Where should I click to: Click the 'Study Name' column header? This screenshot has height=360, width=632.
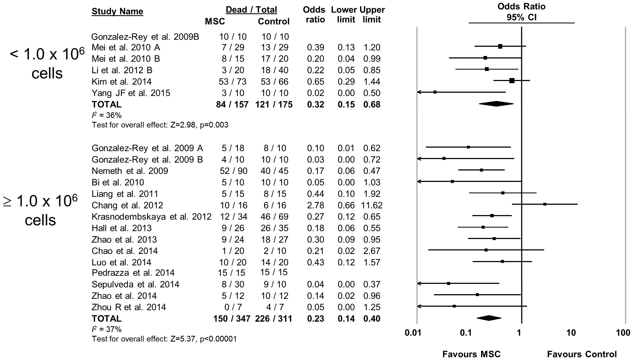click(x=117, y=11)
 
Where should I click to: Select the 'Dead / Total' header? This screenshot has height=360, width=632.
click(x=251, y=10)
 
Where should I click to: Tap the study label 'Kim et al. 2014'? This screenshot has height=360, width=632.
click(x=122, y=82)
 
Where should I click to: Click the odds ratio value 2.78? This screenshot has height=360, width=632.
click(x=315, y=205)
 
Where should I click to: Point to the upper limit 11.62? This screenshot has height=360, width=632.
click(x=372, y=205)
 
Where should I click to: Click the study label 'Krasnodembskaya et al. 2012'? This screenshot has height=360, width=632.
click(x=151, y=217)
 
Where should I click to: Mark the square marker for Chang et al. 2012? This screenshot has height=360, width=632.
click(x=545, y=204)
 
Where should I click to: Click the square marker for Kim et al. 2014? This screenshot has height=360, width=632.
click(x=512, y=80)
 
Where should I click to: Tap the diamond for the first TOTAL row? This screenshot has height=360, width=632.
click(x=496, y=104)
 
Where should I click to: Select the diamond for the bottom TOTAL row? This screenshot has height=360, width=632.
click(x=489, y=318)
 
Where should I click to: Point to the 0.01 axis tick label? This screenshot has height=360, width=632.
click(x=413, y=333)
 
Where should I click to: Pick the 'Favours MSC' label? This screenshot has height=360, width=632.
click(x=471, y=354)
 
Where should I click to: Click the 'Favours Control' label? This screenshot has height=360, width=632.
click(x=582, y=354)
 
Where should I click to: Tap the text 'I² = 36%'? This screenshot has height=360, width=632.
click(x=107, y=116)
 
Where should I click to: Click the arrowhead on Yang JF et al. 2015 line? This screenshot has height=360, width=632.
click(x=419, y=92)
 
